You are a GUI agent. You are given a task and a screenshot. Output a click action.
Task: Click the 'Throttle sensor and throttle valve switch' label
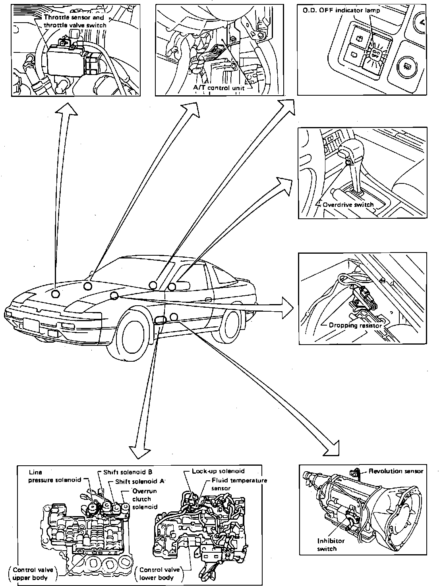[x=74, y=21]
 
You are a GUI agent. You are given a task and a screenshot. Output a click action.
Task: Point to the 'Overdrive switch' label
[x=348, y=205]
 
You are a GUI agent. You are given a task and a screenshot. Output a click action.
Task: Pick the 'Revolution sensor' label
[x=396, y=471]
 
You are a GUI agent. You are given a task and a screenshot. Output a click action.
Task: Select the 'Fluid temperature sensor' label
[x=238, y=484]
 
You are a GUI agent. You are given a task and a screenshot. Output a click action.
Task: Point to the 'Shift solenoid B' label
[x=128, y=472]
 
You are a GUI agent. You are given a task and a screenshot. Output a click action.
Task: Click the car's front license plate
[x=31, y=325]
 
